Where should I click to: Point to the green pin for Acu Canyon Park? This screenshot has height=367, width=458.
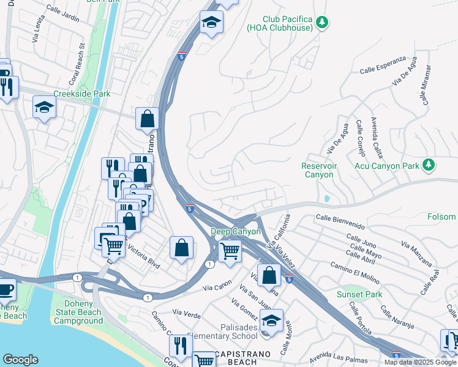[x=429, y=165]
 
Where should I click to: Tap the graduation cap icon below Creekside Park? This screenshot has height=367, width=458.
[x=44, y=108]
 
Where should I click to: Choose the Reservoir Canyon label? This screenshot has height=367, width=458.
[x=317, y=170]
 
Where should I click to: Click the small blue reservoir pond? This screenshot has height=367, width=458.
[x=326, y=199]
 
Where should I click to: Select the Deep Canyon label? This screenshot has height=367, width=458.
[x=236, y=232]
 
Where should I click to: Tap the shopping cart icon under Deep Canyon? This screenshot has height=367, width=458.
[x=230, y=250]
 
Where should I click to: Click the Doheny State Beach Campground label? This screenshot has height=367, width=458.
[x=83, y=313]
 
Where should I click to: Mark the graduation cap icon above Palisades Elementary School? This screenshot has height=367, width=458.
[x=271, y=319]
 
